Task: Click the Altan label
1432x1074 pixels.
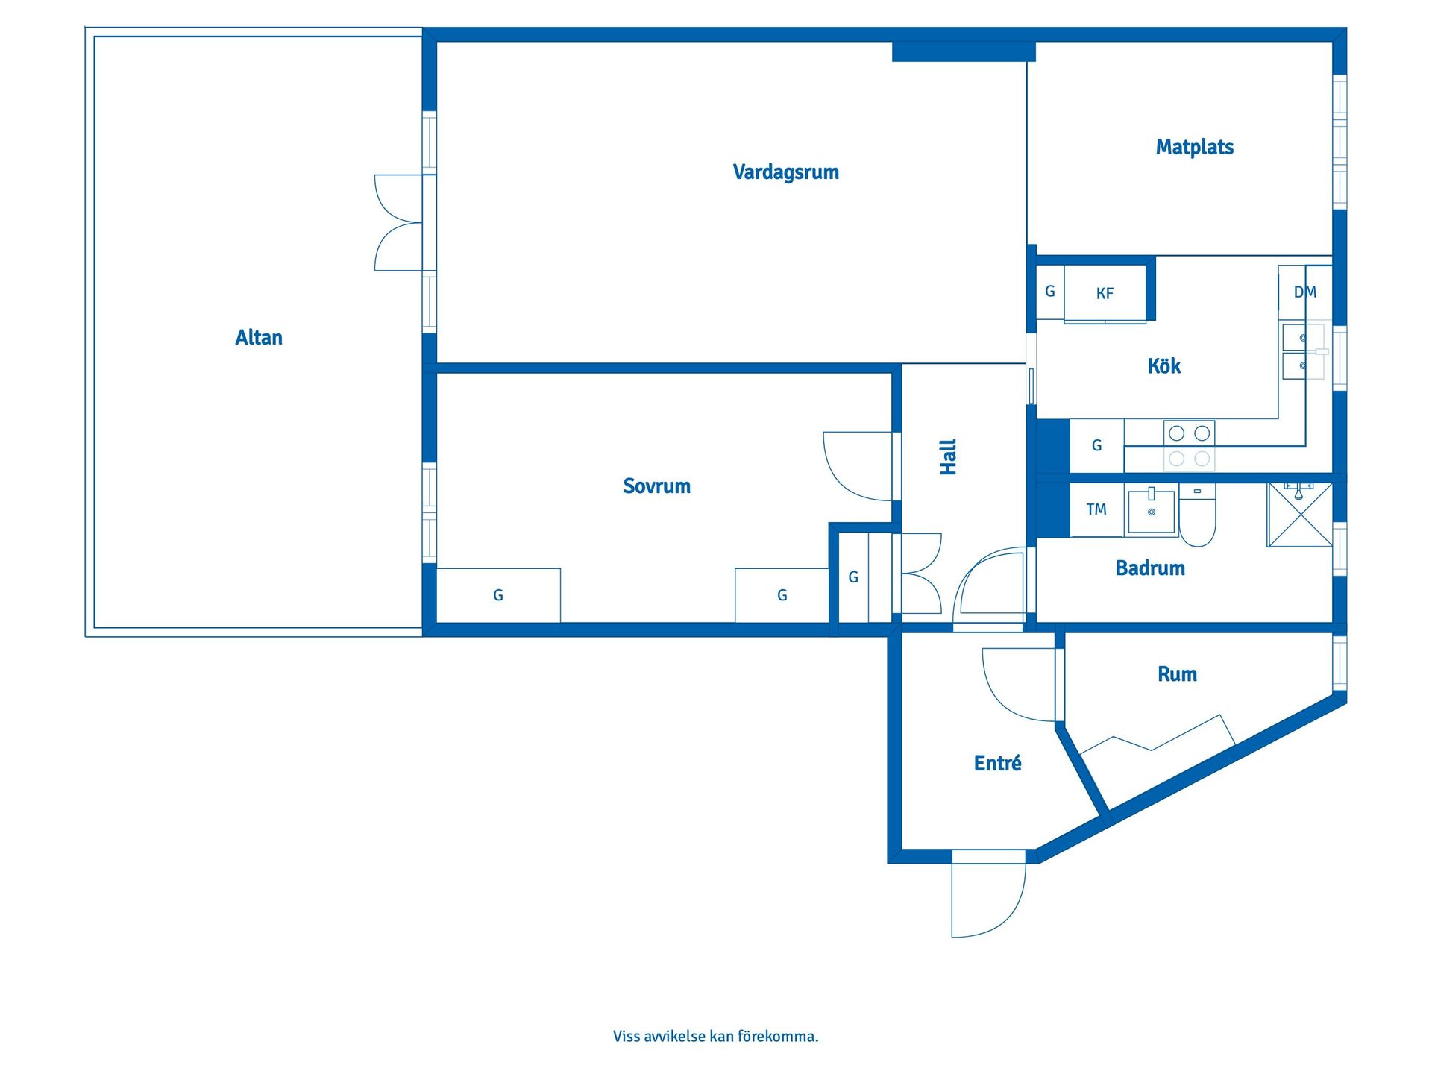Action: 259,338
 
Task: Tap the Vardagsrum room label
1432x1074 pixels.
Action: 786,172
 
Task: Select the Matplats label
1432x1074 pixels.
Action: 1195,147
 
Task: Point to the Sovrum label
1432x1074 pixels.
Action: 657,486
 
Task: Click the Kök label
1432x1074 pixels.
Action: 1164,365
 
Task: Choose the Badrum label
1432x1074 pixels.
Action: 1150,568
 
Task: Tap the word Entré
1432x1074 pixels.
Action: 998,763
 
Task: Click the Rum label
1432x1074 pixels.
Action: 1178,674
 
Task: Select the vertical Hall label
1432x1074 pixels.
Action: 948,457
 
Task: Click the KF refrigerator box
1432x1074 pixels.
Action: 1105,294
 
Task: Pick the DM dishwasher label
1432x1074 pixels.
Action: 1305,292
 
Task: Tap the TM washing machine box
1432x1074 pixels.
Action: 1097,510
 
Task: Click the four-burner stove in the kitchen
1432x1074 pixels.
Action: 1190,445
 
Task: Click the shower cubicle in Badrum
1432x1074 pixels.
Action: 1300,515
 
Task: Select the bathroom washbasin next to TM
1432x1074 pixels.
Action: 1152,509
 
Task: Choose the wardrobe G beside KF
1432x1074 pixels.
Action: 1050,292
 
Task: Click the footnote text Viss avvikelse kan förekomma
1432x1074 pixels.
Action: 716,1036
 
